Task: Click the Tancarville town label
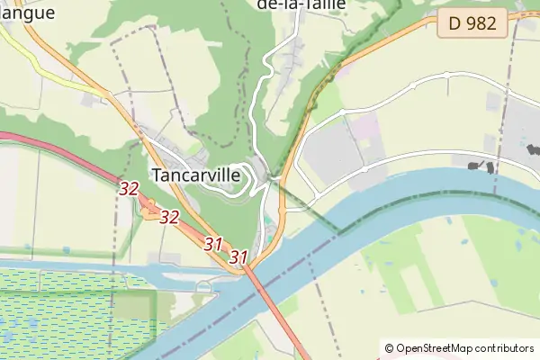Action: (x=197, y=175)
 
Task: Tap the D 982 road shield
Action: (x=472, y=25)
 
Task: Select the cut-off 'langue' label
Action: (x=27, y=13)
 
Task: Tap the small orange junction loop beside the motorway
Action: (x=149, y=212)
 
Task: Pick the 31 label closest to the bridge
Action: (x=238, y=257)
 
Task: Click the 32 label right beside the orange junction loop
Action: (x=169, y=217)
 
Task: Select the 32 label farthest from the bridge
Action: (x=129, y=188)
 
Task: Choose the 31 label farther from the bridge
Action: (x=213, y=243)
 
